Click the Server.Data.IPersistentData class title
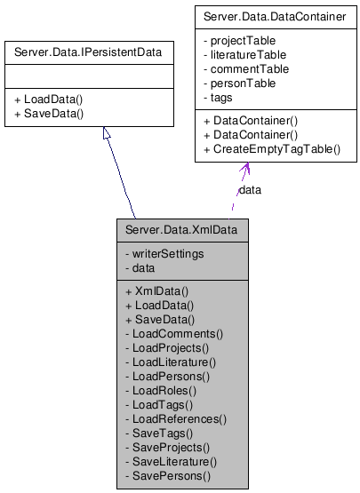point(88,52)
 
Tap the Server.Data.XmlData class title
point(181,231)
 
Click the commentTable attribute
point(246,69)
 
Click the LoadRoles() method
point(163,390)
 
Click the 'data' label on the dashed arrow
point(251,189)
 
